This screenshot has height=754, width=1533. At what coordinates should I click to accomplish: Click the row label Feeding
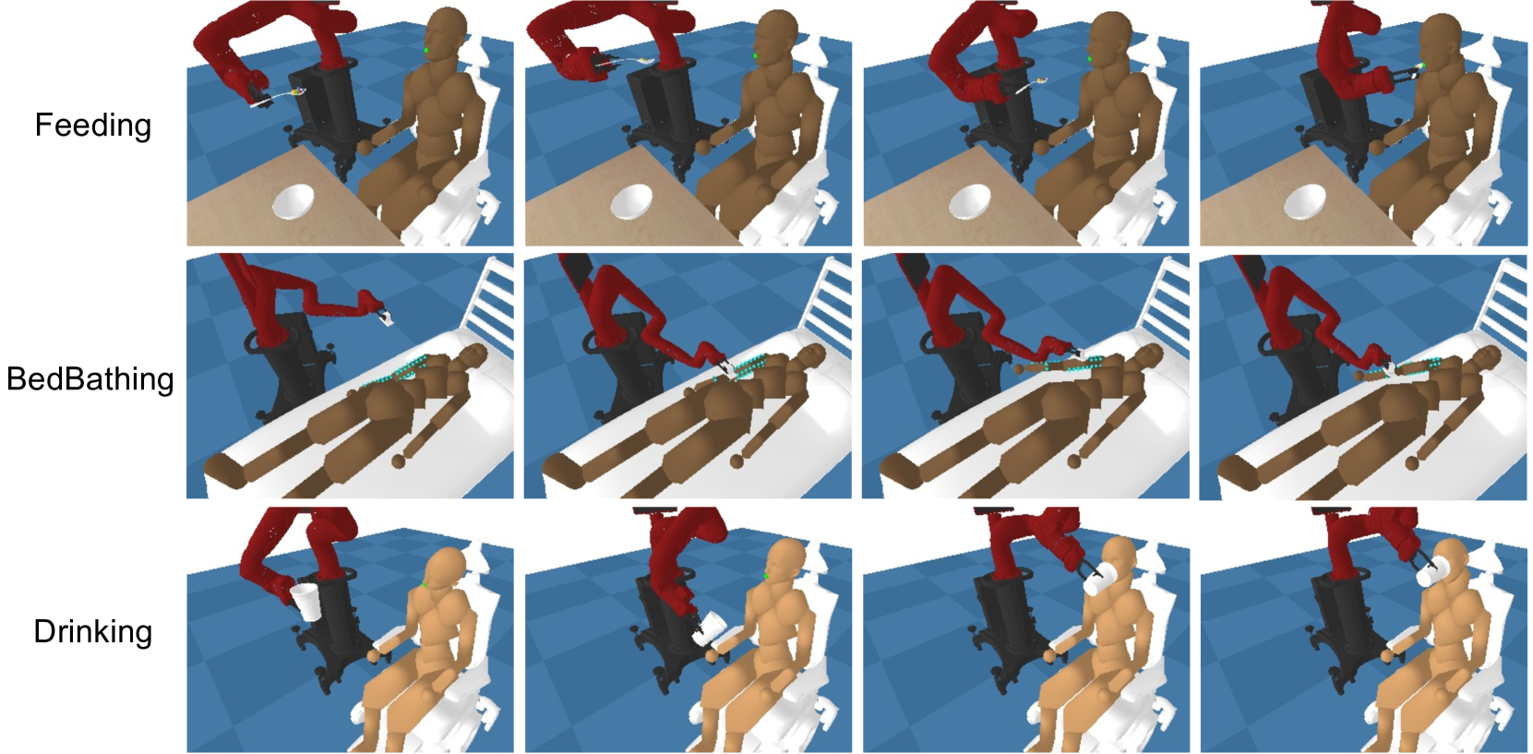(92, 125)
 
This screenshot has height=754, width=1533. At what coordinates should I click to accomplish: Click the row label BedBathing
(90, 379)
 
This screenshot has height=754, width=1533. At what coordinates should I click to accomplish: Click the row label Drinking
(92, 632)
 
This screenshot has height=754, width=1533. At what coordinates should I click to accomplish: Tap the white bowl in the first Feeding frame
(294, 202)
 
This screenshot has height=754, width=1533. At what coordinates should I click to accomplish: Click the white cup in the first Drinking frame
(305, 600)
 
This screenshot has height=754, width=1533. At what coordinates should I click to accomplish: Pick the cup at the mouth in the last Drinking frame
(1431, 573)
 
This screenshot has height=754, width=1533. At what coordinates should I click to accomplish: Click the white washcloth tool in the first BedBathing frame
(387, 319)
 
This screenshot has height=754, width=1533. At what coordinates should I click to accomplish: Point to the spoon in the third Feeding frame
(1032, 85)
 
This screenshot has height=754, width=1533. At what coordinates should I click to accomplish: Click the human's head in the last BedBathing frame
(1487, 356)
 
